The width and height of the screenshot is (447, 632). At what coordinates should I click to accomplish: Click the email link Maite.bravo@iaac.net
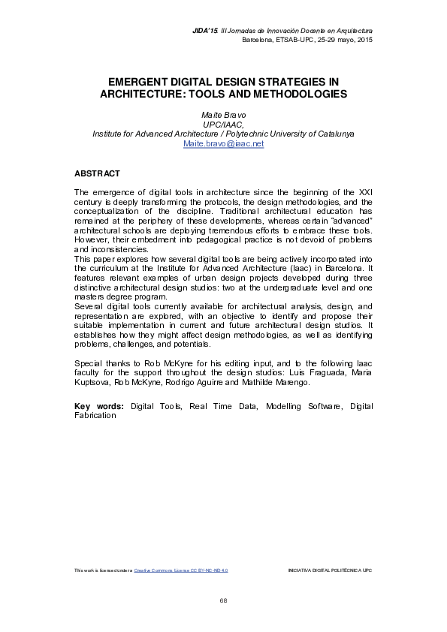tap(223, 143)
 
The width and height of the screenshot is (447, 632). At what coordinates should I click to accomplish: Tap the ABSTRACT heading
tap(97, 173)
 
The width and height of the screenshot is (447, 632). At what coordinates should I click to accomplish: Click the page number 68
tap(223, 600)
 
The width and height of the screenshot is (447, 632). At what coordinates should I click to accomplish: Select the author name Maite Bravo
tap(223, 115)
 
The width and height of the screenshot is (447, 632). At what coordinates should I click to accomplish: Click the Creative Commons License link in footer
tap(180, 570)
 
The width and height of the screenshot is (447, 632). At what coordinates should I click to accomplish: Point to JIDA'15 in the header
tap(204, 30)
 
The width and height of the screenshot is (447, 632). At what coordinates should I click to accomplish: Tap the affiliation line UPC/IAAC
tap(223, 124)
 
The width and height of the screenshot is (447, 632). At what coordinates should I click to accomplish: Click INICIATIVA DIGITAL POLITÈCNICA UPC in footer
tap(330, 570)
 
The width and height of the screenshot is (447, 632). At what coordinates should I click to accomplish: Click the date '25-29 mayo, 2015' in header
tap(337, 39)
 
